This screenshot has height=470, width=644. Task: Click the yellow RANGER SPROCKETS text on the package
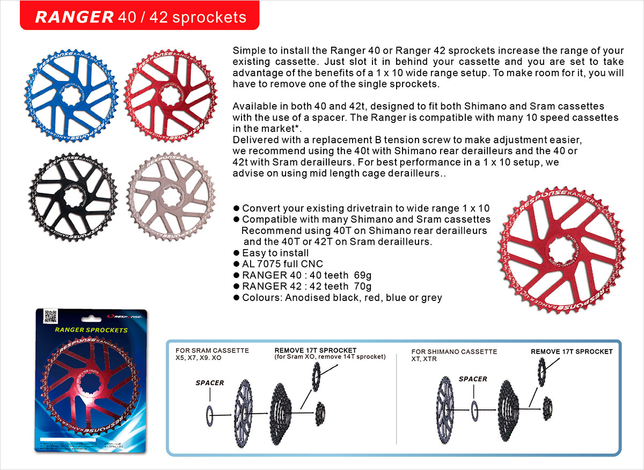pyautogui.click(x=92, y=329)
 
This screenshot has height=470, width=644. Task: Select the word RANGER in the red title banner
pyautogui.click(x=74, y=17)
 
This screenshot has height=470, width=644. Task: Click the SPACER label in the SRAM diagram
pyautogui.click(x=210, y=383)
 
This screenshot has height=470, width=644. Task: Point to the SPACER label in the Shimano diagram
pyautogui.click(x=473, y=379)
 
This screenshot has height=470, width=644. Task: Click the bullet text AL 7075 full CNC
pyautogui.click(x=283, y=264)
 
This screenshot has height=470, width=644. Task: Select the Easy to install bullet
pyautogui.click(x=275, y=253)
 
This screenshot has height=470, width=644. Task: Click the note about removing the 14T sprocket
pyautogui.click(x=330, y=357)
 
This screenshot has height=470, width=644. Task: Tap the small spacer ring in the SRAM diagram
pyautogui.click(x=210, y=415)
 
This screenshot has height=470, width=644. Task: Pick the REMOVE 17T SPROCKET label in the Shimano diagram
pyautogui.click(x=572, y=351)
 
